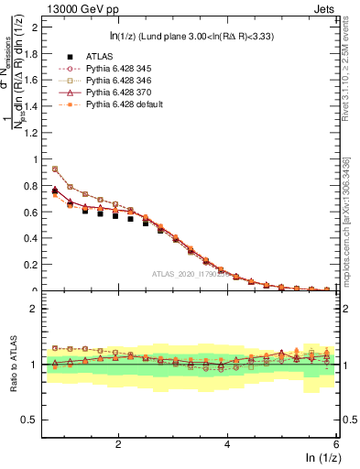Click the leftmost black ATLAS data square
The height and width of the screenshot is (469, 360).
[55, 191]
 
